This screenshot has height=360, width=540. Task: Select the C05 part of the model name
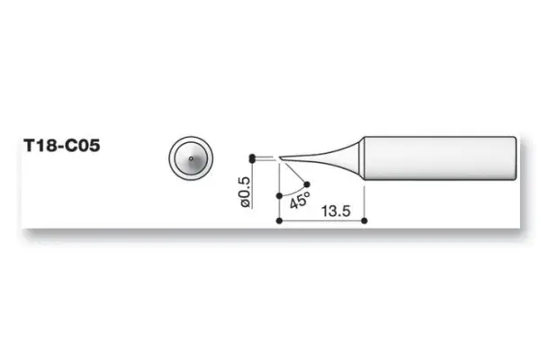pyautogui.click(x=80, y=144)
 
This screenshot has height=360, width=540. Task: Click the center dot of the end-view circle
pyautogui.click(x=191, y=157)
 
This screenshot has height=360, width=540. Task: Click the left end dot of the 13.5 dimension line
pyautogui.click(x=279, y=220)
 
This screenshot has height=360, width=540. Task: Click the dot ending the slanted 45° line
pyautogui.click(x=309, y=185)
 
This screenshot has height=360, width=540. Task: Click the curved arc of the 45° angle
pyautogui.click(x=293, y=192)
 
